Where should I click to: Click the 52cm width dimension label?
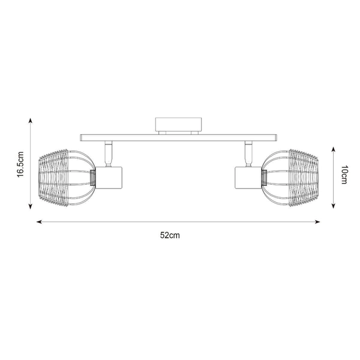click(170, 235)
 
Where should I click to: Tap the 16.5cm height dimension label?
click(20, 164)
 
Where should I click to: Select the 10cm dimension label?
click(344, 175)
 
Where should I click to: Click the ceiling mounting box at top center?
click(179, 124)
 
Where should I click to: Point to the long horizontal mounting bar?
click(179, 138)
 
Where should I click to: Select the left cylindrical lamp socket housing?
click(109, 178)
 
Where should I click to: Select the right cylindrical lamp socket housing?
click(248, 178)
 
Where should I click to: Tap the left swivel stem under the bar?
click(109, 154)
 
